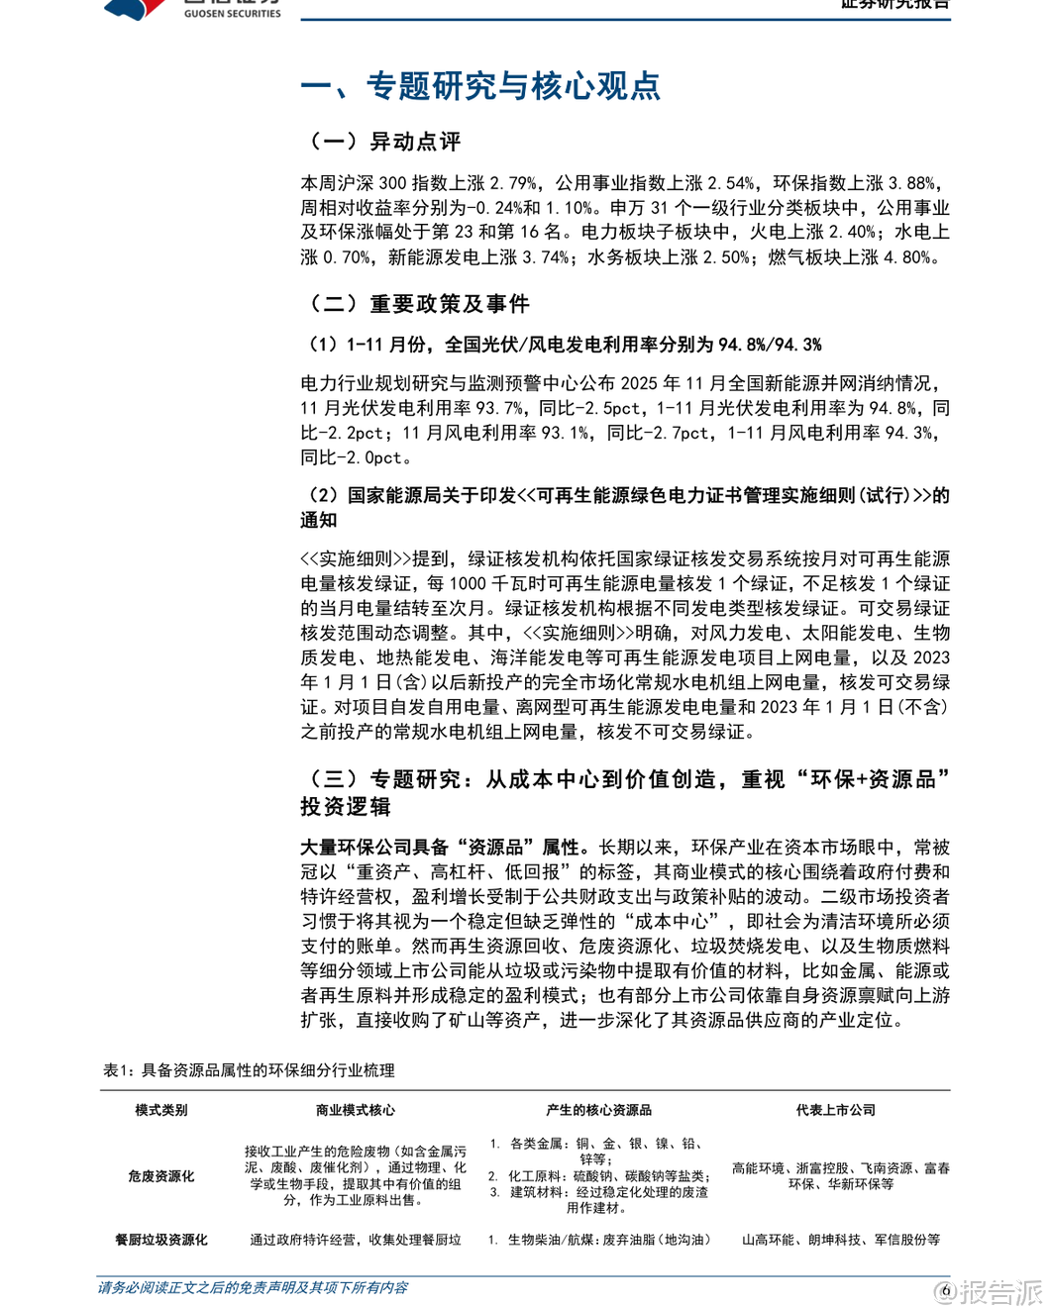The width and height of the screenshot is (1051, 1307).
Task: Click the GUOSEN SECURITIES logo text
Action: point(232,13)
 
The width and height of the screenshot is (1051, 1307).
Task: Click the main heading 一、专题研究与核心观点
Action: point(480,86)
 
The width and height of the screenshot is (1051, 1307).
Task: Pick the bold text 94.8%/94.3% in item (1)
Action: point(770,345)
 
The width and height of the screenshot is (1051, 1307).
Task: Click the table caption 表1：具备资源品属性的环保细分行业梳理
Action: point(249,1070)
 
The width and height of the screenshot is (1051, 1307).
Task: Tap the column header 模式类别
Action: point(161,1110)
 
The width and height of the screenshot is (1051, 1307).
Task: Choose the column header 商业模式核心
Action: point(355,1110)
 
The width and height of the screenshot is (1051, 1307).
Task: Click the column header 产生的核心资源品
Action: point(598,1110)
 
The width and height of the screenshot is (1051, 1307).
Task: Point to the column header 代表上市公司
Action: point(836,1110)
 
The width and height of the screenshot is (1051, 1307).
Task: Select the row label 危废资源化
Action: point(161,1176)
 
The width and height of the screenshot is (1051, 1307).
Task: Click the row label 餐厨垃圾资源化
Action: point(161,1240)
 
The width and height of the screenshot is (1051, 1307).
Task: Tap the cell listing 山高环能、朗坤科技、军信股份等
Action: point(840,1240)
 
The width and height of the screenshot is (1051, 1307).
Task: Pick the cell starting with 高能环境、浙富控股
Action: point(840,1175)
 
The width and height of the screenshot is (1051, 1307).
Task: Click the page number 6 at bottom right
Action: point(946,1289)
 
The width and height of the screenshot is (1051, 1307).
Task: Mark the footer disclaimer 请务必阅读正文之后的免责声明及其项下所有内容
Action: point(253,1288)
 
